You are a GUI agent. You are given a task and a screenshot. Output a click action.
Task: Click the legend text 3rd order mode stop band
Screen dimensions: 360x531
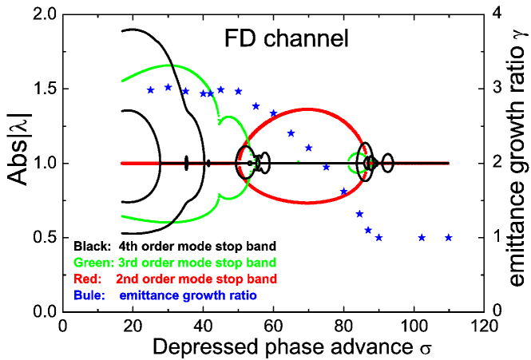(x=196, y=263)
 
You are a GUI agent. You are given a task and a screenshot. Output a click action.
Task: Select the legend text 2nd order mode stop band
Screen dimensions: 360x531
(x=196, y=279)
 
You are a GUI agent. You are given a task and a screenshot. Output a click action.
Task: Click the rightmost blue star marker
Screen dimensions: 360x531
(x=449, y=237)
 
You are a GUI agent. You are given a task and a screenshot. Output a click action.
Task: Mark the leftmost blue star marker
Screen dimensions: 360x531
(x=150, y=90)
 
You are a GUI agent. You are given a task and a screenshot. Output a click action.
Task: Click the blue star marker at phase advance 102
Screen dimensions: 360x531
(x=422, y=237)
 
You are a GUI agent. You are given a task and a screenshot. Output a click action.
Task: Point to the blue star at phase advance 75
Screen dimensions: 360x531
(x=326, y=167)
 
